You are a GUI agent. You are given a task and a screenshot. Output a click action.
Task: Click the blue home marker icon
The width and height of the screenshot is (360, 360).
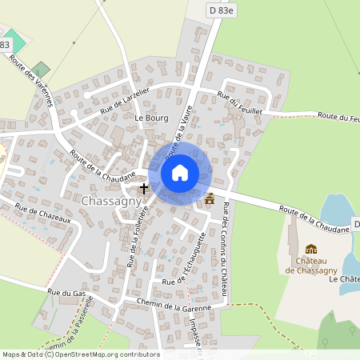180,173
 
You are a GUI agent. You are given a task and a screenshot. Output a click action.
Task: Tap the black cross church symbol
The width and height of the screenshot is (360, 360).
144,189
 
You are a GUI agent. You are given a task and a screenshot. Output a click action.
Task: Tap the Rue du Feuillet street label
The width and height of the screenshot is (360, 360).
240,103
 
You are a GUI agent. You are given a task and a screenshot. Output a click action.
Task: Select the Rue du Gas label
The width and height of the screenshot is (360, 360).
66,293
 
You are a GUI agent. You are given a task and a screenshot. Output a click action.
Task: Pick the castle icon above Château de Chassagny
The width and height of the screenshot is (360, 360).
311,249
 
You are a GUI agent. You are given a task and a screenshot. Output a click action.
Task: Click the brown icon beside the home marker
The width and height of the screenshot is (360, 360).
210,198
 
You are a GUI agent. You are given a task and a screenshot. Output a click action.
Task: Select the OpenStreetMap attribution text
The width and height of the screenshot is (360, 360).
80,354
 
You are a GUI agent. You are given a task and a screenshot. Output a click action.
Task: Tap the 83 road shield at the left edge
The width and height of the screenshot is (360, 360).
5,45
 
